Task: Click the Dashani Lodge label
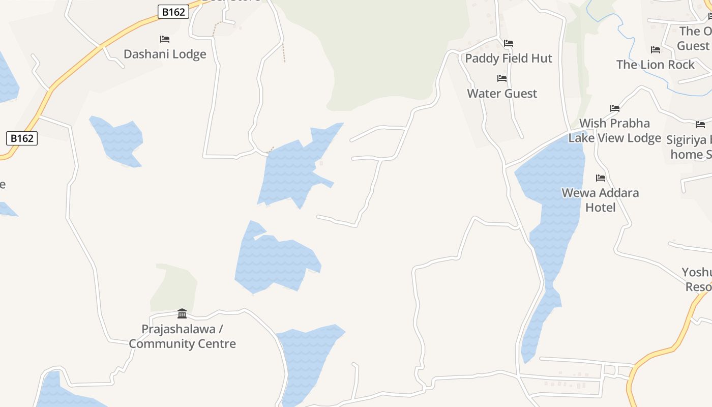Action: click(x=165, y=54)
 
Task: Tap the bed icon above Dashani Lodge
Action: click(x=165, y=39)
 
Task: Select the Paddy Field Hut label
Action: click(x=509, y=59)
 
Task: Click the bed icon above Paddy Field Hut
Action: click(x=509, y=43)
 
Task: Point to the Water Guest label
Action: click(x=502, y=94)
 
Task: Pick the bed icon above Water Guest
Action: click(x=502, y=78)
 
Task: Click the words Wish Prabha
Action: click(x=614, y=124)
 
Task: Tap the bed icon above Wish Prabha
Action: click(x=615, y=108)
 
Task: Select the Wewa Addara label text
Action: click(x=600, y=193)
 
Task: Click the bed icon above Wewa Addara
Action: click(x=601, y=178)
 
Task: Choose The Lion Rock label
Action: click(x=655, y=65)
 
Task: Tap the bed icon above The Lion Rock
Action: click(x=656, y=50)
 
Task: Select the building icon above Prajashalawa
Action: click(x=182, y=313)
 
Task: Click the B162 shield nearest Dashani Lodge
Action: click(x=173, y=12)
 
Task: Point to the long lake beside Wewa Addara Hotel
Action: click(x=552, y=214)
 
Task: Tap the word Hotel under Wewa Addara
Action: click(x=600, y=208)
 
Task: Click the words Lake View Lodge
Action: click(x=614, y=138)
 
